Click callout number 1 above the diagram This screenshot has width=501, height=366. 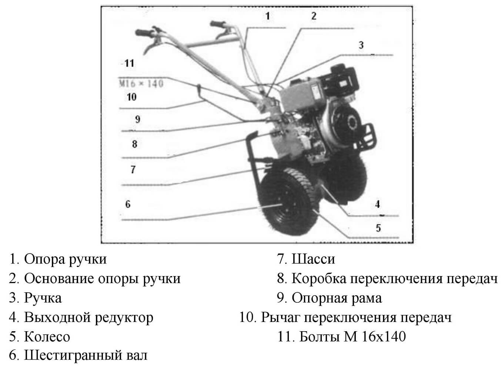(x=268, y=16)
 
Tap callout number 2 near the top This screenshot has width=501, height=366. (x=314, y=16)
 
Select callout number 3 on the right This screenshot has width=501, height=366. (x=361, y=45)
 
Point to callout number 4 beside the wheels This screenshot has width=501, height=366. (x=377, y=204)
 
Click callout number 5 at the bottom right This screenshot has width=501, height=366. (x=378, y=228)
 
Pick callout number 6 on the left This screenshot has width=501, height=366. (x=128, y=204)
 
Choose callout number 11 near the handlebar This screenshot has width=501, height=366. (x=129, y=63)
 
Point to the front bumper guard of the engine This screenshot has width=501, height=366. (x=369, y=135)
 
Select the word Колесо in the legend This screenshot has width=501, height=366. (x=47, y=337)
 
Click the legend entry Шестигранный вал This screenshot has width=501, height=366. (x=86, y=355)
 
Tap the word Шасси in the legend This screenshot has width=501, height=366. (x=313, y=259)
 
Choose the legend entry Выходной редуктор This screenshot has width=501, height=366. (x=88, y=317)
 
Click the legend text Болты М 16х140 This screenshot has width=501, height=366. (x=352, y=336)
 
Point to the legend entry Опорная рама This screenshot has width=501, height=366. (x=337, y=298)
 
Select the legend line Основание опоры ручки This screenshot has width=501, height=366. (x=102, y=278)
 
